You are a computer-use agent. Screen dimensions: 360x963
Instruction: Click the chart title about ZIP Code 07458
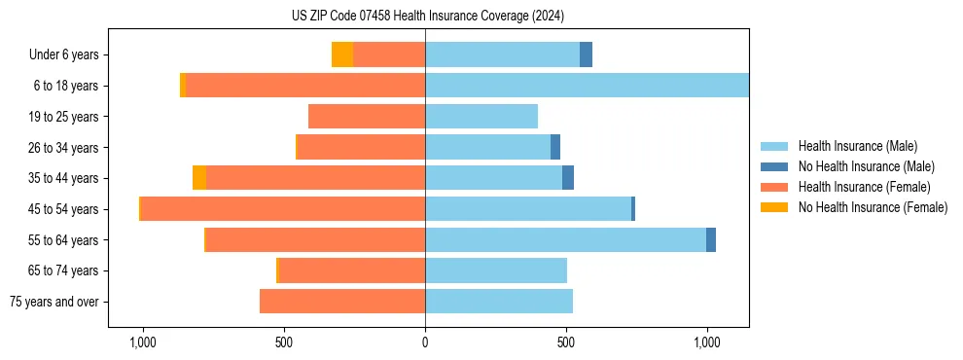tap(427, 16)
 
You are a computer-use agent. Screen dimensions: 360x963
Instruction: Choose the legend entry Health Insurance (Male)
tap(857, 146)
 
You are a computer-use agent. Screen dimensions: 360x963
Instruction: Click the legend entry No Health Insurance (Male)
tap(866, 166)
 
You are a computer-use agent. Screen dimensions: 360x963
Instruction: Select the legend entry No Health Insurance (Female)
tap(873, 207)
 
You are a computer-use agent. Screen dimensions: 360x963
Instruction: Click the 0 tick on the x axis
tap(425, 342)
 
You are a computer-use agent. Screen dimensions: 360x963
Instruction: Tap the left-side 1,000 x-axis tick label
tap(143, 342)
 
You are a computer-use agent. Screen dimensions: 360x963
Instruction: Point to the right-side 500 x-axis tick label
tap(566, 342)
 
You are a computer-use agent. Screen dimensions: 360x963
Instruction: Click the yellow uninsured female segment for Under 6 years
tap(342, 54)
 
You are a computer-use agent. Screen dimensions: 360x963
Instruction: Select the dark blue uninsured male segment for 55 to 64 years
tap(711, 239)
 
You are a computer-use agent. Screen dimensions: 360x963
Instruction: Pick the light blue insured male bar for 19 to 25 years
tap(481, 117)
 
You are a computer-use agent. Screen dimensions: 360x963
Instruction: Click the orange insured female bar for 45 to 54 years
tap(283, 209)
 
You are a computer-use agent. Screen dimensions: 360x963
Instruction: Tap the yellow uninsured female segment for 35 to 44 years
tap(199, 178)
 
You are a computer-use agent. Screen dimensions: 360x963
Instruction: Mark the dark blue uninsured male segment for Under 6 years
tap(586, 54)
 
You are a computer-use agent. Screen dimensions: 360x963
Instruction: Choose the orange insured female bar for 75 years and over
tap(342, 302)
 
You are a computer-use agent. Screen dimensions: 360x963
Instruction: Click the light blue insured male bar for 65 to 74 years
tap(496, 270)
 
